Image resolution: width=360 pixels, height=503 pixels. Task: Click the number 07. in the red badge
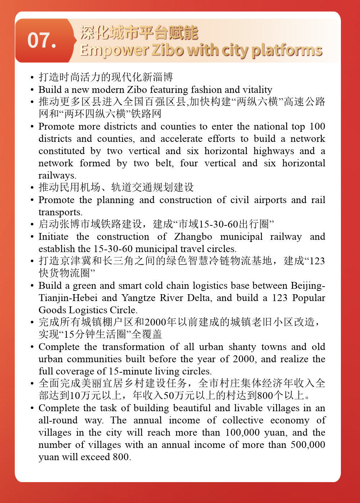coord(42,40)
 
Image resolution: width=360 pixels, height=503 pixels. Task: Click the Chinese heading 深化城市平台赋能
coord(139,33)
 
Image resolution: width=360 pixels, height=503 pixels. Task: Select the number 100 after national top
coord(317,126)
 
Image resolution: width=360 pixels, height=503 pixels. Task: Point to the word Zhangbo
coord(193,237)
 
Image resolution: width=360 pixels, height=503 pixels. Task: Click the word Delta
coord(201,298)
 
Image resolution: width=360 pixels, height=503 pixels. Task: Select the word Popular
coord(309,298)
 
